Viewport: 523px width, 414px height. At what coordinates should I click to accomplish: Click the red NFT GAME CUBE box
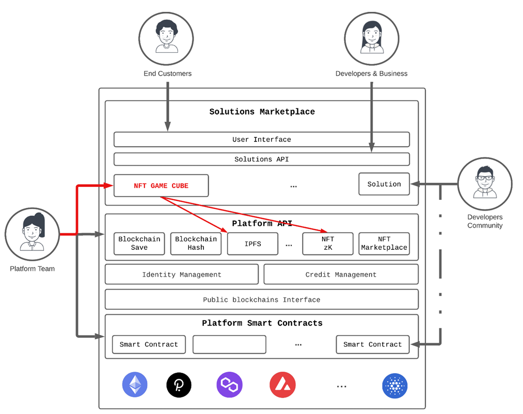[161, 186]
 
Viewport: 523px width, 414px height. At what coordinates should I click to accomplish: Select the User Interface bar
[261, 139]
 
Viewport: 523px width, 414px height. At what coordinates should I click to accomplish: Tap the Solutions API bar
[261, 159]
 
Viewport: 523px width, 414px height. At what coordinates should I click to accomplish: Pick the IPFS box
[253, 244]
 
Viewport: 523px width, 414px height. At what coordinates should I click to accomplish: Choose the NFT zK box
[327, 244]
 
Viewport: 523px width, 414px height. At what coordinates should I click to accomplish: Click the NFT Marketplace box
[384, 244]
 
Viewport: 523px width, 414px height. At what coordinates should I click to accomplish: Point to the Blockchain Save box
[139, 244]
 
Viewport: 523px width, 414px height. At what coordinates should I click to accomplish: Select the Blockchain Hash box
[196, 244]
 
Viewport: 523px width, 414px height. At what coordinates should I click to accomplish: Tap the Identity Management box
[182, 275]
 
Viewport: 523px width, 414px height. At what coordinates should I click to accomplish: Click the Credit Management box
[341, 275]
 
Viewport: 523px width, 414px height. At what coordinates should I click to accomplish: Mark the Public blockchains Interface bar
[261, 299]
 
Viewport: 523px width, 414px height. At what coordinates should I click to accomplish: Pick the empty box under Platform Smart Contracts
[229, 344]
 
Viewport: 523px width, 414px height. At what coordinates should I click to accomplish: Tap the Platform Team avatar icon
[32, 235]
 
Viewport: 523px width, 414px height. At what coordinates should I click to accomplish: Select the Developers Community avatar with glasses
[484, 184]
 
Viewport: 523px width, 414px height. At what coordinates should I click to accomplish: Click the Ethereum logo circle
[135, 385]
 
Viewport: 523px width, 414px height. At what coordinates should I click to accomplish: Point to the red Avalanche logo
[282, 385]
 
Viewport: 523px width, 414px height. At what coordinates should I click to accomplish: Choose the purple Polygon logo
[229, 385]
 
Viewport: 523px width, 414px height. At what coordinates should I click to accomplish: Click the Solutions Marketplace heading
[262, 112]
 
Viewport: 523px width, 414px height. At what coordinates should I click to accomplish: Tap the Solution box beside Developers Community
[384, 184]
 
